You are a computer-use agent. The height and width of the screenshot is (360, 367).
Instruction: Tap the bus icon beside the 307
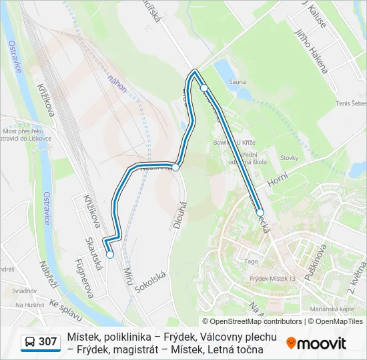[30, 342]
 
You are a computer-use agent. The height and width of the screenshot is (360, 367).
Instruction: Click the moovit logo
[316, 343]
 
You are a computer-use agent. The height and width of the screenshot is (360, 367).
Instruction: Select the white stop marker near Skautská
[110, 254]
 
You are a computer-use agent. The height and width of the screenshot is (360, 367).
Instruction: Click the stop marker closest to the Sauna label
[204, 88]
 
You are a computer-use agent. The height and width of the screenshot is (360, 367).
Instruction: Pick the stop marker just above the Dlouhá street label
[175, 167]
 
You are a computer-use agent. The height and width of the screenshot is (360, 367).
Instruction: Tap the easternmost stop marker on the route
[260, 213]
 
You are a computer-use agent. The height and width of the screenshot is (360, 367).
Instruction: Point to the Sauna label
[237, 83]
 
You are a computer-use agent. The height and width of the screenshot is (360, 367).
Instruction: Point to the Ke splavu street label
[65, 311]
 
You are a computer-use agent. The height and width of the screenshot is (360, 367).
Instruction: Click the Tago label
[251, 261]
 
